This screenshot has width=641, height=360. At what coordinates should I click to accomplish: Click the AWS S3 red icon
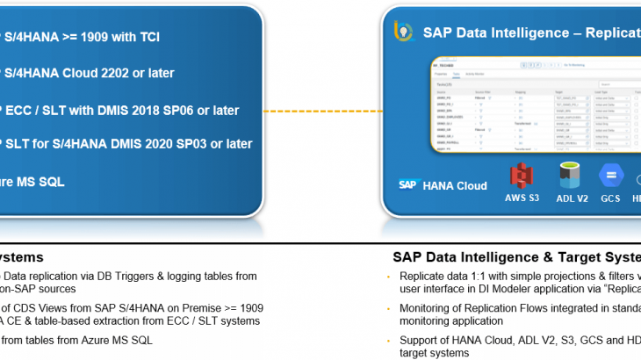[x=522, y=175]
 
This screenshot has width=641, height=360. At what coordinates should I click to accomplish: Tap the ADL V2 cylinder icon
[x=571, y=175]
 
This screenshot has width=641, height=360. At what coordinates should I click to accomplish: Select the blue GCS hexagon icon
[x=610, y=175]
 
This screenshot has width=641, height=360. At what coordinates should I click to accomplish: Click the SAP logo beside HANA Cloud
[x=407, y=185]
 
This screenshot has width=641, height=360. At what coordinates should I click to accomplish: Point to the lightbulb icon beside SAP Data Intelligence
[x=403, y=32]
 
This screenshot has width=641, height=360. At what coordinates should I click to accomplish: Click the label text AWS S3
[x=522, y=198]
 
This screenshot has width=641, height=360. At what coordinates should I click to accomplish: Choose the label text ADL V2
[x=572, y=198]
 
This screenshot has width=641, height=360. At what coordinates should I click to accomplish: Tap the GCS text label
[x=610, y=198]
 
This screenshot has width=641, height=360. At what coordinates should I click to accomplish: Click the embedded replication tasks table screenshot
[x=536, y=105]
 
